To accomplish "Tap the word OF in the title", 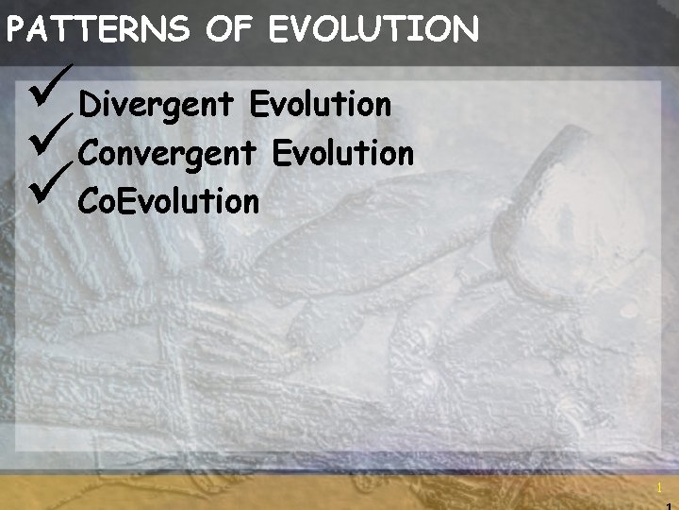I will click(229, 31).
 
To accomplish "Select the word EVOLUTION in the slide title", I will click(373, 31).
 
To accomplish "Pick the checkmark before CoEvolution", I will click(49, 190).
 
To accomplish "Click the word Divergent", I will click(156, 106).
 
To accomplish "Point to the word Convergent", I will click(168, 153).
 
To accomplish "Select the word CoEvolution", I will click(169, 200).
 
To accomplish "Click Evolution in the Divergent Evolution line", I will click(321, 105).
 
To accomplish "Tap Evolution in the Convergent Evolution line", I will click(343, 152).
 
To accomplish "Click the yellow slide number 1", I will click(660, 488).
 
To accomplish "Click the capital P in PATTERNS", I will click(16, 31).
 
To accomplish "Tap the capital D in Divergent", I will click(90, 105).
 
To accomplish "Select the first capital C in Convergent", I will click(90, 152).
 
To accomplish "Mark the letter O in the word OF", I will click(218, 31).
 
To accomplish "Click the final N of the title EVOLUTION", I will click(467, 31).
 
